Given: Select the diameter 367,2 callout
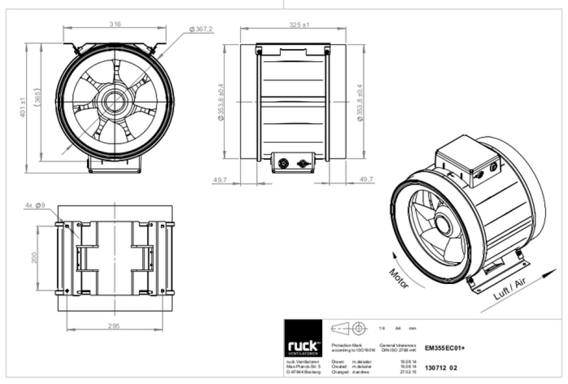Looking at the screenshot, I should [x=201, y=29].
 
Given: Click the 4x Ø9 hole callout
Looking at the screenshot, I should [x=34, y=205].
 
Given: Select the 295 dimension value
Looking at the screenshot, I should [x=115, y=326].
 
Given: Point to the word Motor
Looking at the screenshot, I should [x=399, y=278].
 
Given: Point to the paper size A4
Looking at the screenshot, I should [x=397, y=328].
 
